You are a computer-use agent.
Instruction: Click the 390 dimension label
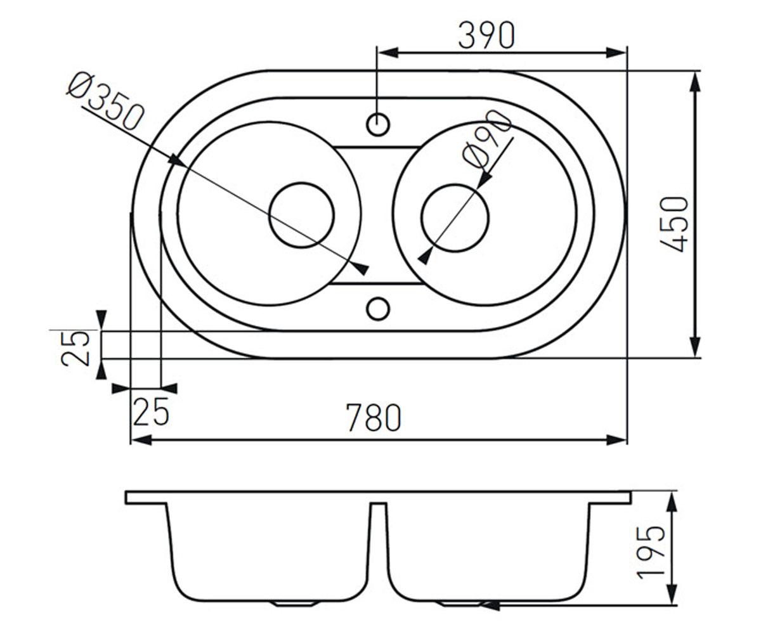click(486, 36)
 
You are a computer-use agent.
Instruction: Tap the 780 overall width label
click(374, 418)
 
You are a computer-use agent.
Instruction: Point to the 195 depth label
click(651, 557)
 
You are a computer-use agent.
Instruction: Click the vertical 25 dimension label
click(75, 348)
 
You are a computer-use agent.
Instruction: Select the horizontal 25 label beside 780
click(152, 411)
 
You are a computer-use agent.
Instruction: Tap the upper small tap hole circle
click(378, 125)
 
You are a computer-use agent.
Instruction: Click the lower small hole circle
click(378, 309)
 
